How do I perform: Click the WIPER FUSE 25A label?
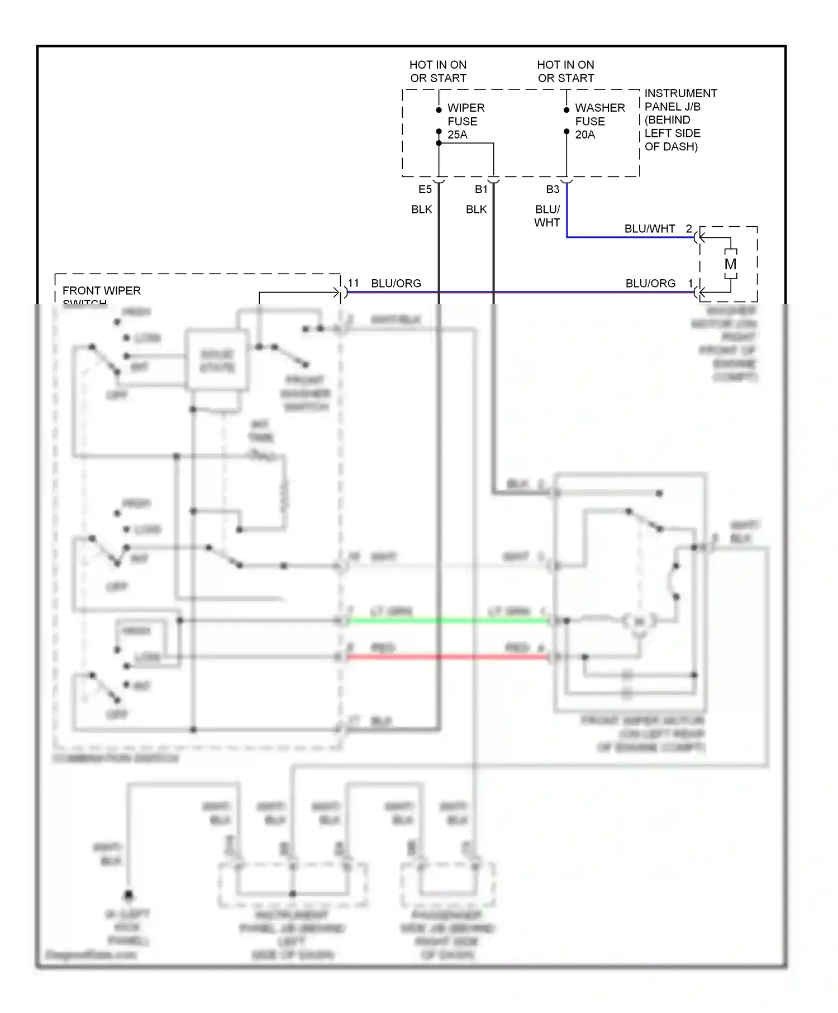click(465, 121)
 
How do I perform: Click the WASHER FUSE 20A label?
click(599, 121)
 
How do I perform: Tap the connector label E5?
click(425, 190)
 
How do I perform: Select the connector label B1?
click(481, 190)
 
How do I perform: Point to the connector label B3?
click(553, 190)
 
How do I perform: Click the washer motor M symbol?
click(730, 264)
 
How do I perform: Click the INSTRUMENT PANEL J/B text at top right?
click(680, 100)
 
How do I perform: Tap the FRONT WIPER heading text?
click(101, 291)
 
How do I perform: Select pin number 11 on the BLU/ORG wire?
click(353, 283)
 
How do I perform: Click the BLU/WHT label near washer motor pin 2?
click(649, 229)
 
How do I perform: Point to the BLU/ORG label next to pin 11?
click(396, 284)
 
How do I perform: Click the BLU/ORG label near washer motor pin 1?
click(650, 284)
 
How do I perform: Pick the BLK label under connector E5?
click(421, 209)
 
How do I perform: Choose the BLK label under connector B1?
click(476, 209)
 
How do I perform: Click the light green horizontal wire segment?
click(447, 621)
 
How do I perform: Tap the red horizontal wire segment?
click(447, 657)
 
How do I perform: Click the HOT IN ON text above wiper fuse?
click(437, 65)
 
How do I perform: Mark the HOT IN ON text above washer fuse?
click(565, 65)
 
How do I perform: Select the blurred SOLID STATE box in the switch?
click(217, 361)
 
